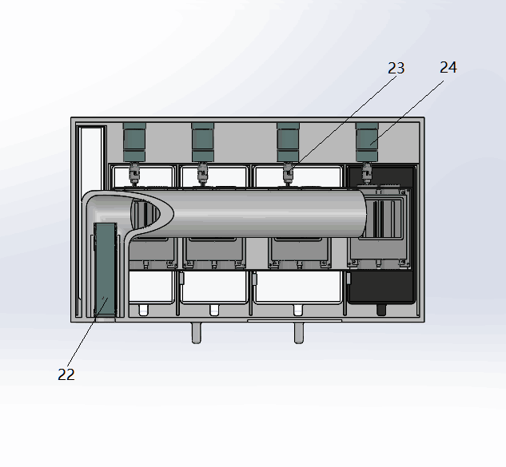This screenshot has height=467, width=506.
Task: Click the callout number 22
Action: coord(66,374)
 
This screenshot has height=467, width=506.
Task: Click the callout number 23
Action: coord(396,69)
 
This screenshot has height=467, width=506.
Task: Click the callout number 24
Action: coord(448,67)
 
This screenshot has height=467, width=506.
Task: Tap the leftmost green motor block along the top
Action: coord(134,142)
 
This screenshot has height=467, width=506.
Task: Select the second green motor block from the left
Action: coord(203,142)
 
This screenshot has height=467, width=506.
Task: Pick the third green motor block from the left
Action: coord(289,142)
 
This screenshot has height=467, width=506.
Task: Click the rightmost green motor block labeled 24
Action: coord(367,142)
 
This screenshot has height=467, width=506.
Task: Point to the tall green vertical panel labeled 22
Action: coord(106,270)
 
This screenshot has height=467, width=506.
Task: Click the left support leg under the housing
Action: coord(196,333)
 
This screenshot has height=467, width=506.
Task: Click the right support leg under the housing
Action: coord(298,333)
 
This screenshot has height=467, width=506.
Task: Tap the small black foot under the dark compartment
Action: coord(381,310)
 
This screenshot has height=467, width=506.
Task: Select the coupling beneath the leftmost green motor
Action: coord(134,174)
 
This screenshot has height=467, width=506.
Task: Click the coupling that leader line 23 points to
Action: coord(289,174)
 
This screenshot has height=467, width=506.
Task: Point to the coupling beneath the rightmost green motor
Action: coord(367,174)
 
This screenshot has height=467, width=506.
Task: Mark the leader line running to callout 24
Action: coord(407,113)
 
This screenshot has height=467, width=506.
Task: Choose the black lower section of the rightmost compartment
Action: coord(381,287)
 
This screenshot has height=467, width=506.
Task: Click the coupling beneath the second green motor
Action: coord(203,174)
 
